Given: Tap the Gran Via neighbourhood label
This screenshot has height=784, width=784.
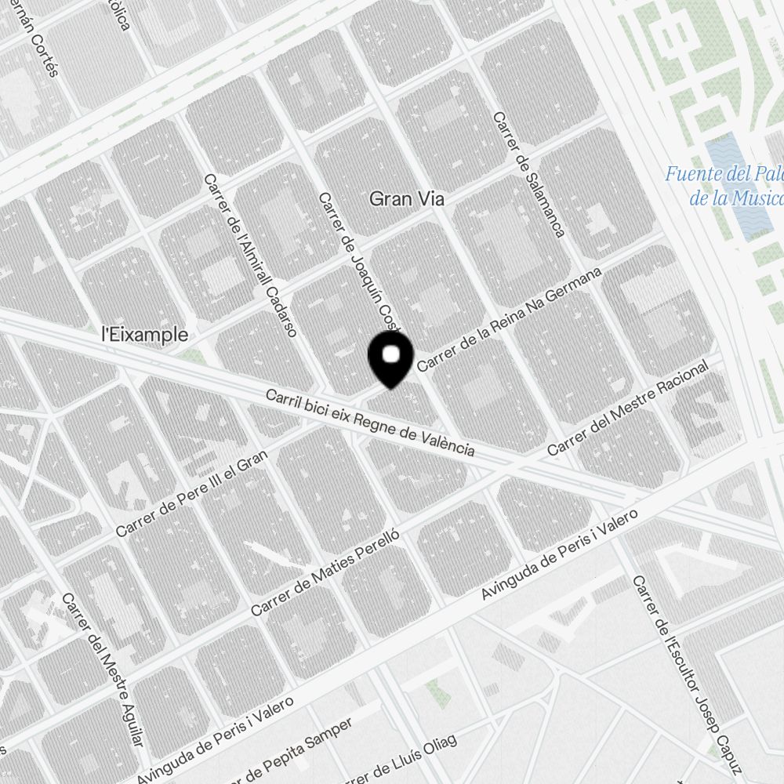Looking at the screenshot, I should (x=407, y=200).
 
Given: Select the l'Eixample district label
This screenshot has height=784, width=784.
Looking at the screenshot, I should (x=146, y=335).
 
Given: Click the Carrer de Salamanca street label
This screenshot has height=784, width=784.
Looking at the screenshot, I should (x=528, y=174).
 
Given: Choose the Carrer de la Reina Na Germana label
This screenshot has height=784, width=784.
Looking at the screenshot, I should (x=510, y=320).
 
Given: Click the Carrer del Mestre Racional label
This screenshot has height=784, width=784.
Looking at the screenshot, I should (x=627, y=408).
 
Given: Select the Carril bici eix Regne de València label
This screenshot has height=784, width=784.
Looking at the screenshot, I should (x=370, y=423).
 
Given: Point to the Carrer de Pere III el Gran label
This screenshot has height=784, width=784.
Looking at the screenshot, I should (x=192, y=494).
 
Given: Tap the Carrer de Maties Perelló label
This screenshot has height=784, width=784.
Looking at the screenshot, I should (x=325, y=572).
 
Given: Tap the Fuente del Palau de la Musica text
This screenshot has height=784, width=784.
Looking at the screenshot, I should (x=725, y=185).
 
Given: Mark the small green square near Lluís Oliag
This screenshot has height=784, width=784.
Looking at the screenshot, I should (x=436, y=690).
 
